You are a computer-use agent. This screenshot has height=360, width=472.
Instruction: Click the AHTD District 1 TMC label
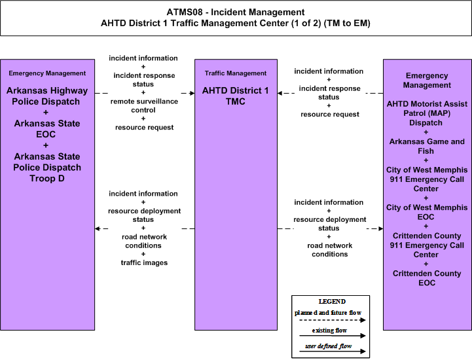[236, 96]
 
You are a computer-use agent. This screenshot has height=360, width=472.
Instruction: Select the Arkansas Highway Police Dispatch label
[47, 96]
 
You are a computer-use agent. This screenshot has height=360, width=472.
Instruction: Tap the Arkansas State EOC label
[47, 129]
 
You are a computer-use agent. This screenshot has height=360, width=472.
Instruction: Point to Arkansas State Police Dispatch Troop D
[47, 168]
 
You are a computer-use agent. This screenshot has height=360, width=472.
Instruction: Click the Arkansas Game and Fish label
[427, 146]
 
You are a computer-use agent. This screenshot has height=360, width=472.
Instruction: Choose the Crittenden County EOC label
[427, 278]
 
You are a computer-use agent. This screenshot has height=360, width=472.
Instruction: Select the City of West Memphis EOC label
[427, 212]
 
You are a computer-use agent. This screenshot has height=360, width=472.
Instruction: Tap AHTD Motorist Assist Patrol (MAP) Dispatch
[427, 113]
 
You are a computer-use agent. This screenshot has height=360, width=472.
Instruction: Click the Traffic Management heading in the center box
[236, 73]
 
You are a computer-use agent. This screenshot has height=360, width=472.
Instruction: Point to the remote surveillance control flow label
[144, 105]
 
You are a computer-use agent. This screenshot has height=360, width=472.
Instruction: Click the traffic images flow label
[144, 262]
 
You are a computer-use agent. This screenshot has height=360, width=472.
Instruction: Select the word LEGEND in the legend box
[332, 301]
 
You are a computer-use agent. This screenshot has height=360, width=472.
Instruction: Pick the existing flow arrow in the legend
[333, 336]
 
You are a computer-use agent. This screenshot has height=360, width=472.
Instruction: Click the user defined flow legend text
[329, 346]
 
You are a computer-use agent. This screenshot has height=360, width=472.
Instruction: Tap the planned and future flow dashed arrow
[333, 320]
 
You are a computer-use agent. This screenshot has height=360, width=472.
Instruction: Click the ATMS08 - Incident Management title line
[236, 12]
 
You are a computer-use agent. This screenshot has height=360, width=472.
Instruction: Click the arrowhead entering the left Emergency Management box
[98, 228]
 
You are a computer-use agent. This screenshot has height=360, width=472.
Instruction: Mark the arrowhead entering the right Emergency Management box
[381, 228]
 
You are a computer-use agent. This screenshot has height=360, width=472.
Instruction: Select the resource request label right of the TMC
[330, 115]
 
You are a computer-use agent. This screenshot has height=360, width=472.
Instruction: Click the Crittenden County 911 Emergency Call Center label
[427, 245]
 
